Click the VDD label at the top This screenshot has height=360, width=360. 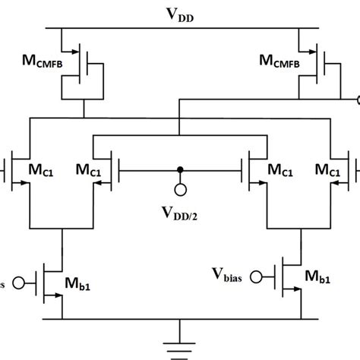pyautogui.click(x=181, y=15)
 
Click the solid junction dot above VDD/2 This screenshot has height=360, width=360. pyautogui.click(x=180, y=170)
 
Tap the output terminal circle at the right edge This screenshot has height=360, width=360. pyautogui.click(x=358, y=99)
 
